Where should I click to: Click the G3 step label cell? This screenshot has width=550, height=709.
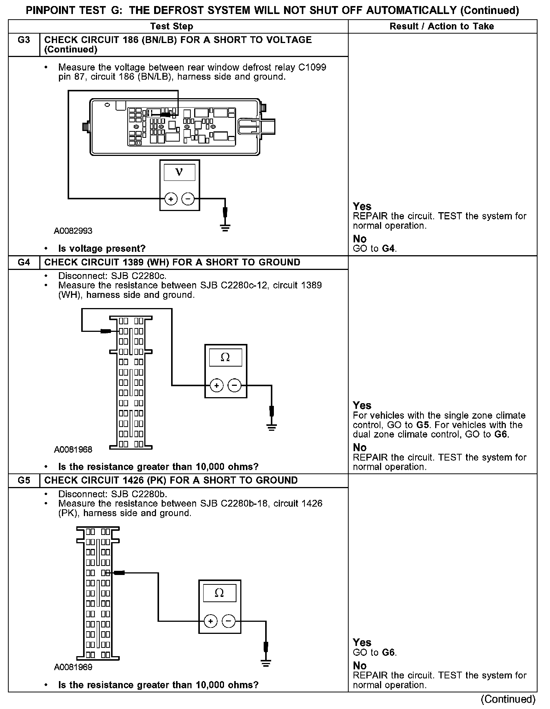pos(24,40)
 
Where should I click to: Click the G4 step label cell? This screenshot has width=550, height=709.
pos(24,262)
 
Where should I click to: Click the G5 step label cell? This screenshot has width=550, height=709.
pos(24,480)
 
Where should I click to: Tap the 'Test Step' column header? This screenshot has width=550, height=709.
pos(171,26)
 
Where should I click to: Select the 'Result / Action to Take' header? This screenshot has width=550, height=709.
pos(442,26)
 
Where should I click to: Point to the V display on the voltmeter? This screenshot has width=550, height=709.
pos(179,173)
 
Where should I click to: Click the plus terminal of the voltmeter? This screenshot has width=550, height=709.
pos(171,199)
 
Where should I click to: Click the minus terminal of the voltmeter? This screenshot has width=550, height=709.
pos(188,199)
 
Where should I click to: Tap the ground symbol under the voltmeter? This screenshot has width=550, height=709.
pos(225,227)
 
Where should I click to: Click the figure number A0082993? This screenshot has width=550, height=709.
pos(73,231)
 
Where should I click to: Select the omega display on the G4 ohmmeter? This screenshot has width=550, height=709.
pos(225,357)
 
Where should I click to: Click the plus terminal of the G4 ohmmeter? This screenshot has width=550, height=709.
pos(216,385)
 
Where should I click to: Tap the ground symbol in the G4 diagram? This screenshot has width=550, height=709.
pos(271,427)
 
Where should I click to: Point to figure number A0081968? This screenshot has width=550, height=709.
pos(73,449)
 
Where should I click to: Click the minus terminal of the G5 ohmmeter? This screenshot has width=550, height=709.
pos(228,621)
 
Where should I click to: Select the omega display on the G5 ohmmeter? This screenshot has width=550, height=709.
pos(219,593)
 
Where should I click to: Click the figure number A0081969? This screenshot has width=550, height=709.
pos(73,667)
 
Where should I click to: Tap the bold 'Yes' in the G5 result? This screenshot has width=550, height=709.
pos(362,642)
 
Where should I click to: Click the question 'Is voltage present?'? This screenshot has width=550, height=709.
pos(102,248)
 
